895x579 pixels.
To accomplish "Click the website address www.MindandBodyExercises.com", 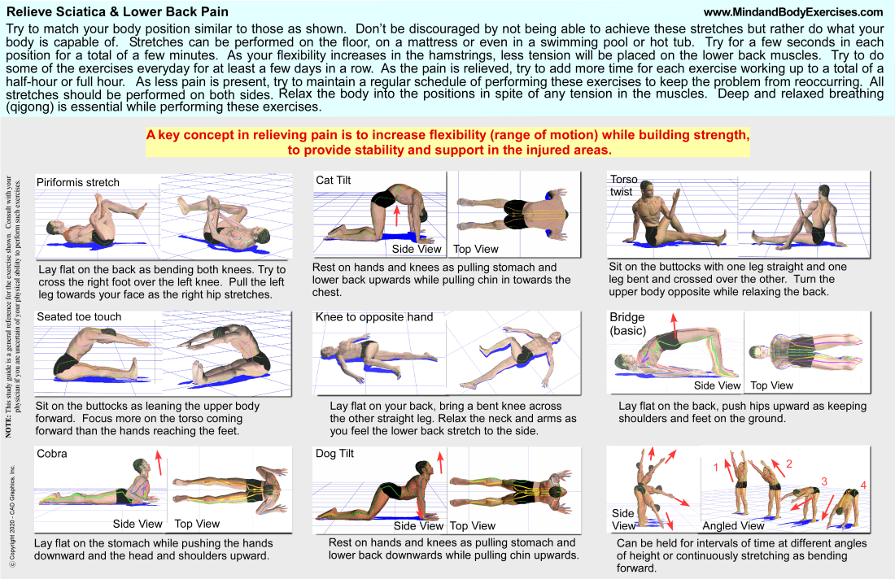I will pyautogui.click(x=792, y=12).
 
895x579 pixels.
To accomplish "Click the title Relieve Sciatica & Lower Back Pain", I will pyautogui.click(x=117, y=11).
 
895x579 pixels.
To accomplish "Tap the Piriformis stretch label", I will pyautogui.click(x=78, y=182).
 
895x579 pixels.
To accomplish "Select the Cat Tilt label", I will pyautogui.click(x=334, y=181).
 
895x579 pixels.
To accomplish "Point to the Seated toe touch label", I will pyautogui.click(x=79, y=316).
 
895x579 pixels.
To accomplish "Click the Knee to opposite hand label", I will pyautogui.click(x=374, y=316).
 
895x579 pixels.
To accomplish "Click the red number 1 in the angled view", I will pyautogui.click(x=716, y=468).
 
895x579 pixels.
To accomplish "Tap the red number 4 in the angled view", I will pyautogui.click(x=864, y=487).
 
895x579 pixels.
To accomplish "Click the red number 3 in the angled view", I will pyautogui.click(x=823, y=481).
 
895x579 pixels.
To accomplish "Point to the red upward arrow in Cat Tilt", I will pyautogui.click(x=396, y=215).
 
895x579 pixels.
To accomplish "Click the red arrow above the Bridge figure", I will pyautogui.click(x=674, y=319).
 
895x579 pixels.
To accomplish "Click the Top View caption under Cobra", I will pyautogui.click(x=197, y=524).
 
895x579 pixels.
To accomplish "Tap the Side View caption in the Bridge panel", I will pyautogui.click(x=717, y=385).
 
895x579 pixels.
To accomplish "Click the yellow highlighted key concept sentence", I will pyautogui.click(x=447, y=141).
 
